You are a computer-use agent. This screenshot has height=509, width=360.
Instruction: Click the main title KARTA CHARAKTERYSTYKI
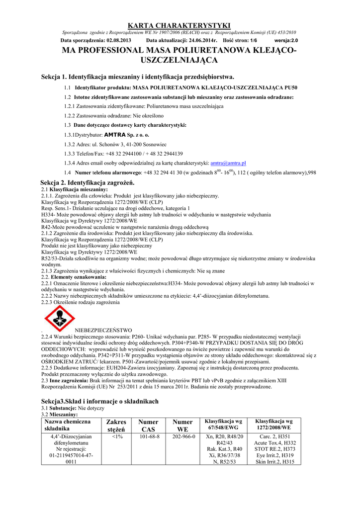point(180,25)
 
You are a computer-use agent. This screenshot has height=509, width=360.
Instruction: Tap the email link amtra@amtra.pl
point(228,163)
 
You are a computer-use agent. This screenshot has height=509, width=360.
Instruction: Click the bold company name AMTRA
point(115,135)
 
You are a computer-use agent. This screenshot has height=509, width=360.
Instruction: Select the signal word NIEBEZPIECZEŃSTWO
point(103,330)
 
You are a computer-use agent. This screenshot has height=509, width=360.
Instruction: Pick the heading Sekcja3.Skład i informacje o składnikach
point(99,401)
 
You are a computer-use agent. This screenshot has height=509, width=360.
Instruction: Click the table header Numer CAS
point(148,425)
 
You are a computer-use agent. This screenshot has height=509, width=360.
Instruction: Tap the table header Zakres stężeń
point(116,425)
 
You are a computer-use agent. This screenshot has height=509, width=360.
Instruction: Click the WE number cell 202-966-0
point(182,437)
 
